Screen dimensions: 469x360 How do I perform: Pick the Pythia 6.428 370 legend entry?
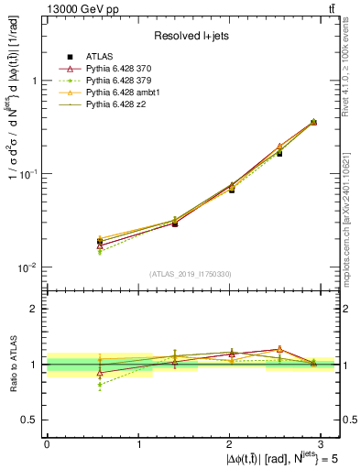pyautogui.click(x=123, y=70)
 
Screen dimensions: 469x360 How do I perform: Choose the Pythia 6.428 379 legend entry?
pyautogui.click(x=123, y=82)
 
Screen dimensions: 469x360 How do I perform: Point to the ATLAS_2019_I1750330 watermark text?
pyautogui.click(x=190, y=274)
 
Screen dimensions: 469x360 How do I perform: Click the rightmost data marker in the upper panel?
pyautogui.click(x=313, y=122)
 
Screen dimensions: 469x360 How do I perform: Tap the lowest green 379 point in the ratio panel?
pyautogui.click(x=100, y=385)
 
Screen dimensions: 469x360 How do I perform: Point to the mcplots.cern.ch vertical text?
pyautogui.click(x=352, y=211)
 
